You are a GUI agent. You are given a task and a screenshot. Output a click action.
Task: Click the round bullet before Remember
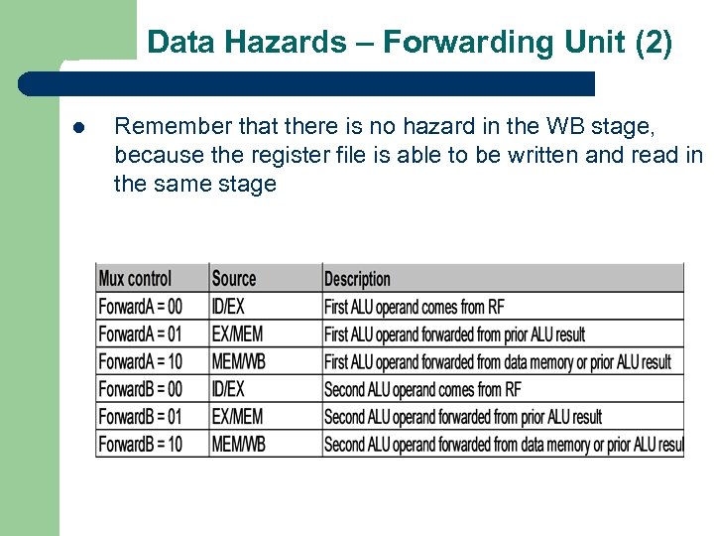point(78,128)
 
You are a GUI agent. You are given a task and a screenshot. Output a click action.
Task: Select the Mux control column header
point(135,279)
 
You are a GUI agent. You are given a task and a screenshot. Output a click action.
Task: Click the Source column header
point(234,279)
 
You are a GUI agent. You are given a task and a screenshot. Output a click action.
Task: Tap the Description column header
point(358,279)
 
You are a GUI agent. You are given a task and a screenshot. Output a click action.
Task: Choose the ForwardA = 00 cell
point(141,307)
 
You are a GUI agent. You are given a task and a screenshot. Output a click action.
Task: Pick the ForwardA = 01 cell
point(141,335)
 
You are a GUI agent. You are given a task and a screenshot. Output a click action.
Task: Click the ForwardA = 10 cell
point(141,361)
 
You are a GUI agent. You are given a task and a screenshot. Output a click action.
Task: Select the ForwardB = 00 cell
point(141,389)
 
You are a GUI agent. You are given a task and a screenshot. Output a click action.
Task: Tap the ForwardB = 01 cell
point(141,417)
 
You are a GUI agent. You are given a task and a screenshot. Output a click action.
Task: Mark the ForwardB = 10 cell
point(141,444)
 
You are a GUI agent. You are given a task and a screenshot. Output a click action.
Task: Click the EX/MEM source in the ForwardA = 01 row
point(238,335)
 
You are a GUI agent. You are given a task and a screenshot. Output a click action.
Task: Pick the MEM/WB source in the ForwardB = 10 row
point(239,444)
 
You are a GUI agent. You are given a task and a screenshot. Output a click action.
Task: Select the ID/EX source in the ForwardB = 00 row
point(228,389)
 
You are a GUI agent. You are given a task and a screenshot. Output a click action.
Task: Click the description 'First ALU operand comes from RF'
point(415,307)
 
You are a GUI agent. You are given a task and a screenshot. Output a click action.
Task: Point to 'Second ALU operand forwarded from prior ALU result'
point(463,417)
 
